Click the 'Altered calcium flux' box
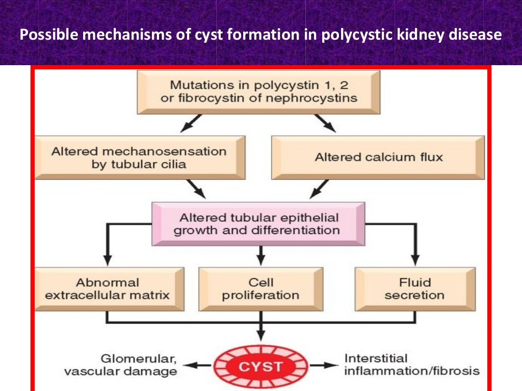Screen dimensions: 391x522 (378, 157)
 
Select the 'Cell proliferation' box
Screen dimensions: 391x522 (260, 288)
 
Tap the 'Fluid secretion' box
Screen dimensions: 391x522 (414, 288)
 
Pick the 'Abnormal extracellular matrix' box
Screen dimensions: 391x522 (108, 288)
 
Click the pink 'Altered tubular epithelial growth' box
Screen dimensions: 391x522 (259, 224)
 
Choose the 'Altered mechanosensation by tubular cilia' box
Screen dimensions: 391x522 (139, 157)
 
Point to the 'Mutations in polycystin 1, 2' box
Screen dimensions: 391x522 (259, 92)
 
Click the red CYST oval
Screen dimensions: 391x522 (260, 366)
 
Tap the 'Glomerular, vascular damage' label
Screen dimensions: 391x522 (120, 365)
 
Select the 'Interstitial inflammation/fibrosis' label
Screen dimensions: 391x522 (412, 365)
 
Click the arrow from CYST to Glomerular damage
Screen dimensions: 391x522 (198, 366)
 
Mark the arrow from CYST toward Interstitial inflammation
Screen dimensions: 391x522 (323, 366)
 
